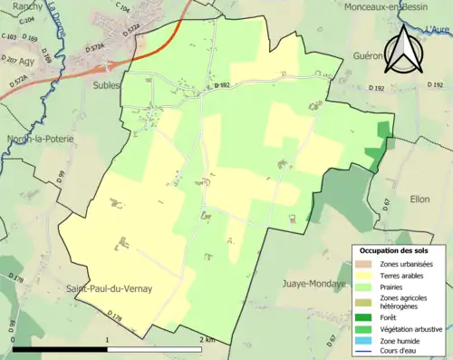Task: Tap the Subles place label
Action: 106,85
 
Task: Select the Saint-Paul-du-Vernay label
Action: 109,288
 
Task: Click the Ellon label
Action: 419,199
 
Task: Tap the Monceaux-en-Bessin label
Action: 390,6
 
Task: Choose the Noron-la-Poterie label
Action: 38,139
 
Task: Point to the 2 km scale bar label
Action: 207,339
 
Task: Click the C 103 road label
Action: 10,37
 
